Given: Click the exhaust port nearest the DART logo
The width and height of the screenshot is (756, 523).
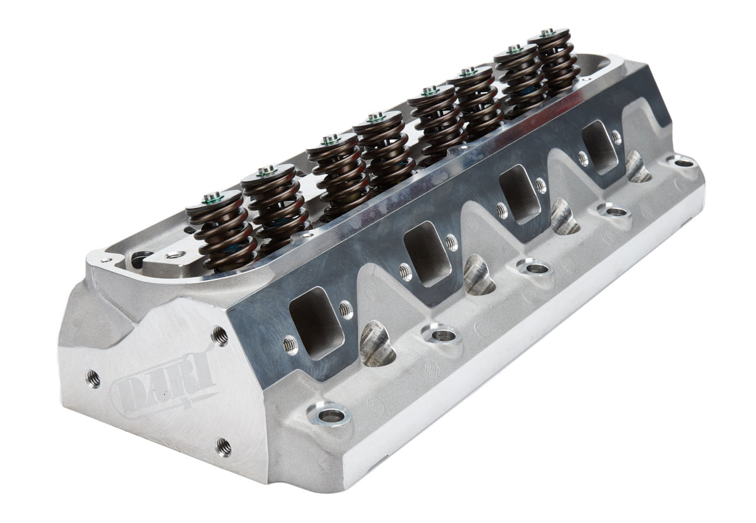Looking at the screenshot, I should pyautogui.click(x=316, y=321).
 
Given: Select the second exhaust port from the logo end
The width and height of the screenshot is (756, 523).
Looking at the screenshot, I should pyautogui.click(x=427, y=252).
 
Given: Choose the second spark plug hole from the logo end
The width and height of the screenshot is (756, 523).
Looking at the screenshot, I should pyautogui.click(x=478, y=276).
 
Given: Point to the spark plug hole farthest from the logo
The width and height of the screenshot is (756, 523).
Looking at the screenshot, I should pyautogui.click(x=638, y=167).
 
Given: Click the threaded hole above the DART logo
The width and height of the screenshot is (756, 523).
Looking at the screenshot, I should pyautogui.click(x=219, y=335).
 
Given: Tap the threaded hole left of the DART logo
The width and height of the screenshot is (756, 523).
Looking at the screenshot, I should pyautogui.click(x=93, y=378).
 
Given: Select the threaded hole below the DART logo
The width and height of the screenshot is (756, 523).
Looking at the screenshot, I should pyautogui.click(x=223, y=446).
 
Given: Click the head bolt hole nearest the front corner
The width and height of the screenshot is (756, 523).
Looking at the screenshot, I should pyautogui.click(x=328, y=415).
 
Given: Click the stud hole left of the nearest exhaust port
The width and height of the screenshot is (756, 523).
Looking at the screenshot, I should pyautogui.click(x=289, y=344).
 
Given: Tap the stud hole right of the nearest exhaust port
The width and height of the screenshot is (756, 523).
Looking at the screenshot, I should pyautogui.click(x=345, y=309).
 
